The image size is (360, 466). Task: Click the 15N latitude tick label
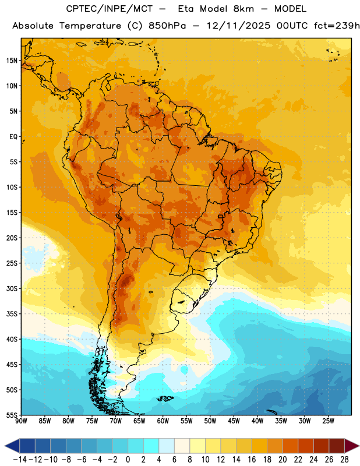point(12,61)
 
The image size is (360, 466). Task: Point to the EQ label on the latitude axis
point(13,137)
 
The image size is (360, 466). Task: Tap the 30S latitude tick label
point(12,288)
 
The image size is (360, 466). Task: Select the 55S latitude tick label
point(12,415)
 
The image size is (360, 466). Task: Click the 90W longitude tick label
point(21,421)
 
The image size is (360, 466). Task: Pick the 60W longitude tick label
point(163,421)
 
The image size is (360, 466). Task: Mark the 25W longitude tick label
point(328,421)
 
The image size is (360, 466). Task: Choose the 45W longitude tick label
point(234,421)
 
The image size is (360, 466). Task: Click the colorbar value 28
point(344,460)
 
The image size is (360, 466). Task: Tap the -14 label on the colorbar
point(20,460)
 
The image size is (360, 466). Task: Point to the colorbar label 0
point(128,460)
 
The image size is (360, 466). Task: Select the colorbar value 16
point(252,460)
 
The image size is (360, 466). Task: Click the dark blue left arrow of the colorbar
point(12,446)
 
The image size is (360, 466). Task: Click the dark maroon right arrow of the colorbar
point(352,446)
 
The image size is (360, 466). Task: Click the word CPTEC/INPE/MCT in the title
point(110,9)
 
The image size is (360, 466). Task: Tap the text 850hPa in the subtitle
point(167,26)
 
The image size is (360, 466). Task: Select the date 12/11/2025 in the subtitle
point(238,26)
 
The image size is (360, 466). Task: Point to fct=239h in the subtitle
point(337,26)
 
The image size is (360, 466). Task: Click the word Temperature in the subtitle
point(90,26)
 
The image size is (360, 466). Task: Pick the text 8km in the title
point(243,9)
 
